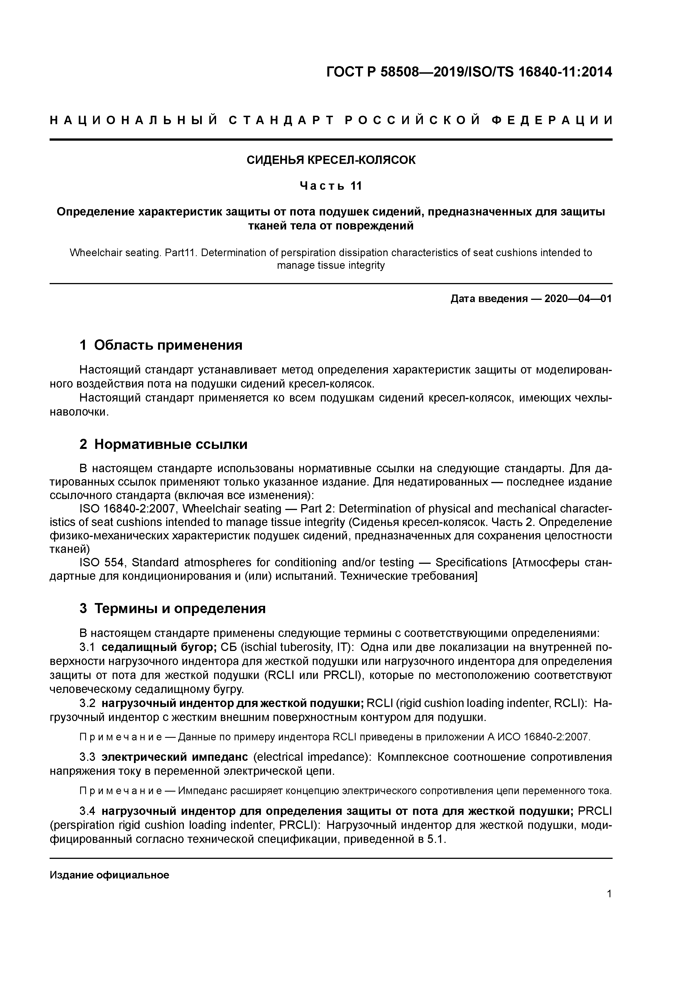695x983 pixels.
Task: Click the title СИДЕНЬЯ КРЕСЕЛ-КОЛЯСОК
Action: [331, 160]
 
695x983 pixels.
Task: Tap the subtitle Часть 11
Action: [331, 186]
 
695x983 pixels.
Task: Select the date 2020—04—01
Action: [578, 299]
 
